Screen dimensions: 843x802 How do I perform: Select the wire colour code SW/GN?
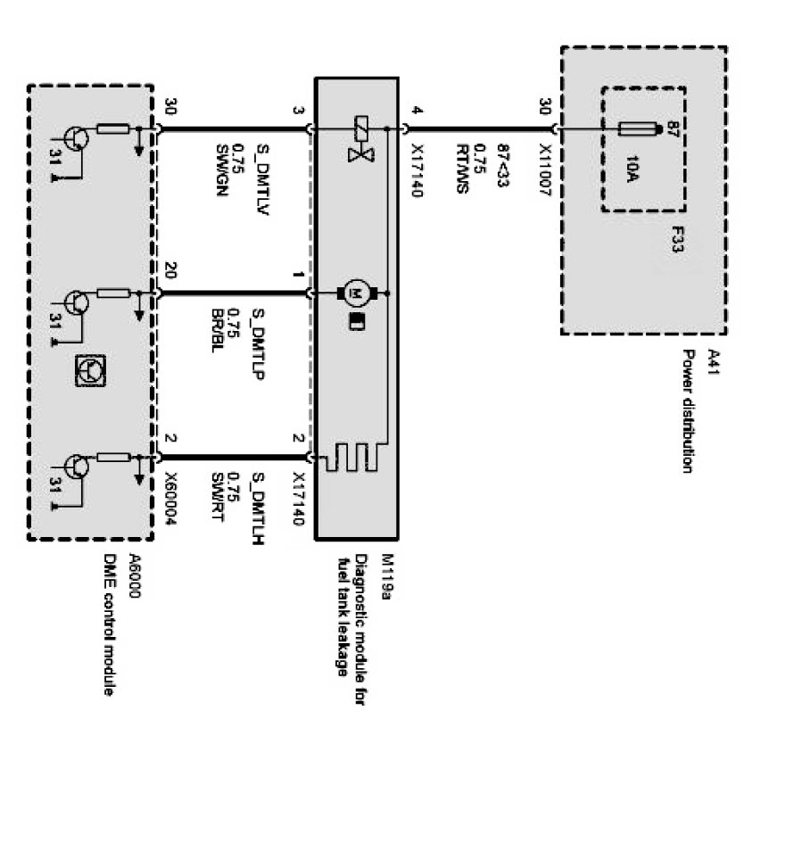pyautogui.click(x=222, y=169)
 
